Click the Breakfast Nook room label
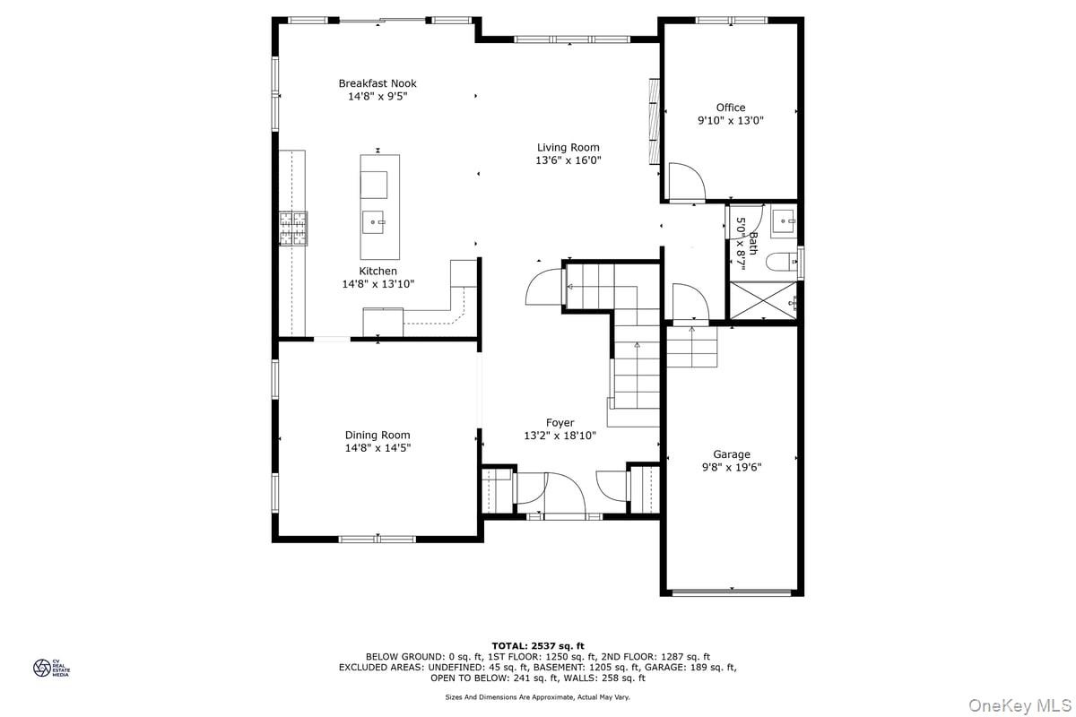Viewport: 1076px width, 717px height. (377, 83)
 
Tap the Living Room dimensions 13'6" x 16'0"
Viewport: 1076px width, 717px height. (568, 160)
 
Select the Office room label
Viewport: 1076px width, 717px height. (731, 108)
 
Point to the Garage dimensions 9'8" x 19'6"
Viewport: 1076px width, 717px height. (732, 467)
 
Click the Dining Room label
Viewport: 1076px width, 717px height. (377, 435)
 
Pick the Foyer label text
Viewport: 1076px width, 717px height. (560, 423)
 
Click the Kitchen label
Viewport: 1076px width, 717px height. (378, 271)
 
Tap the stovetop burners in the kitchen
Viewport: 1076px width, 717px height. (293, 229)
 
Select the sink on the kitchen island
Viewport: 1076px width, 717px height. (373, 222)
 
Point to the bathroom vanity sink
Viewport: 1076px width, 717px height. (784, 221)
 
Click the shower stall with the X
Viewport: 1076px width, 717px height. (763, 300)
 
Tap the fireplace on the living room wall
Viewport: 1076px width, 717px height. (654, 122)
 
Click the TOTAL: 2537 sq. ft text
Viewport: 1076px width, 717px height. (538, 646)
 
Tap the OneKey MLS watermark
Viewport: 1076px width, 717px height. (1020, 705)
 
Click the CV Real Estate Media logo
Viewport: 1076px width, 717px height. (51, 668)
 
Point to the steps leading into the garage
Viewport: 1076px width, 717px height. (691, 347)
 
